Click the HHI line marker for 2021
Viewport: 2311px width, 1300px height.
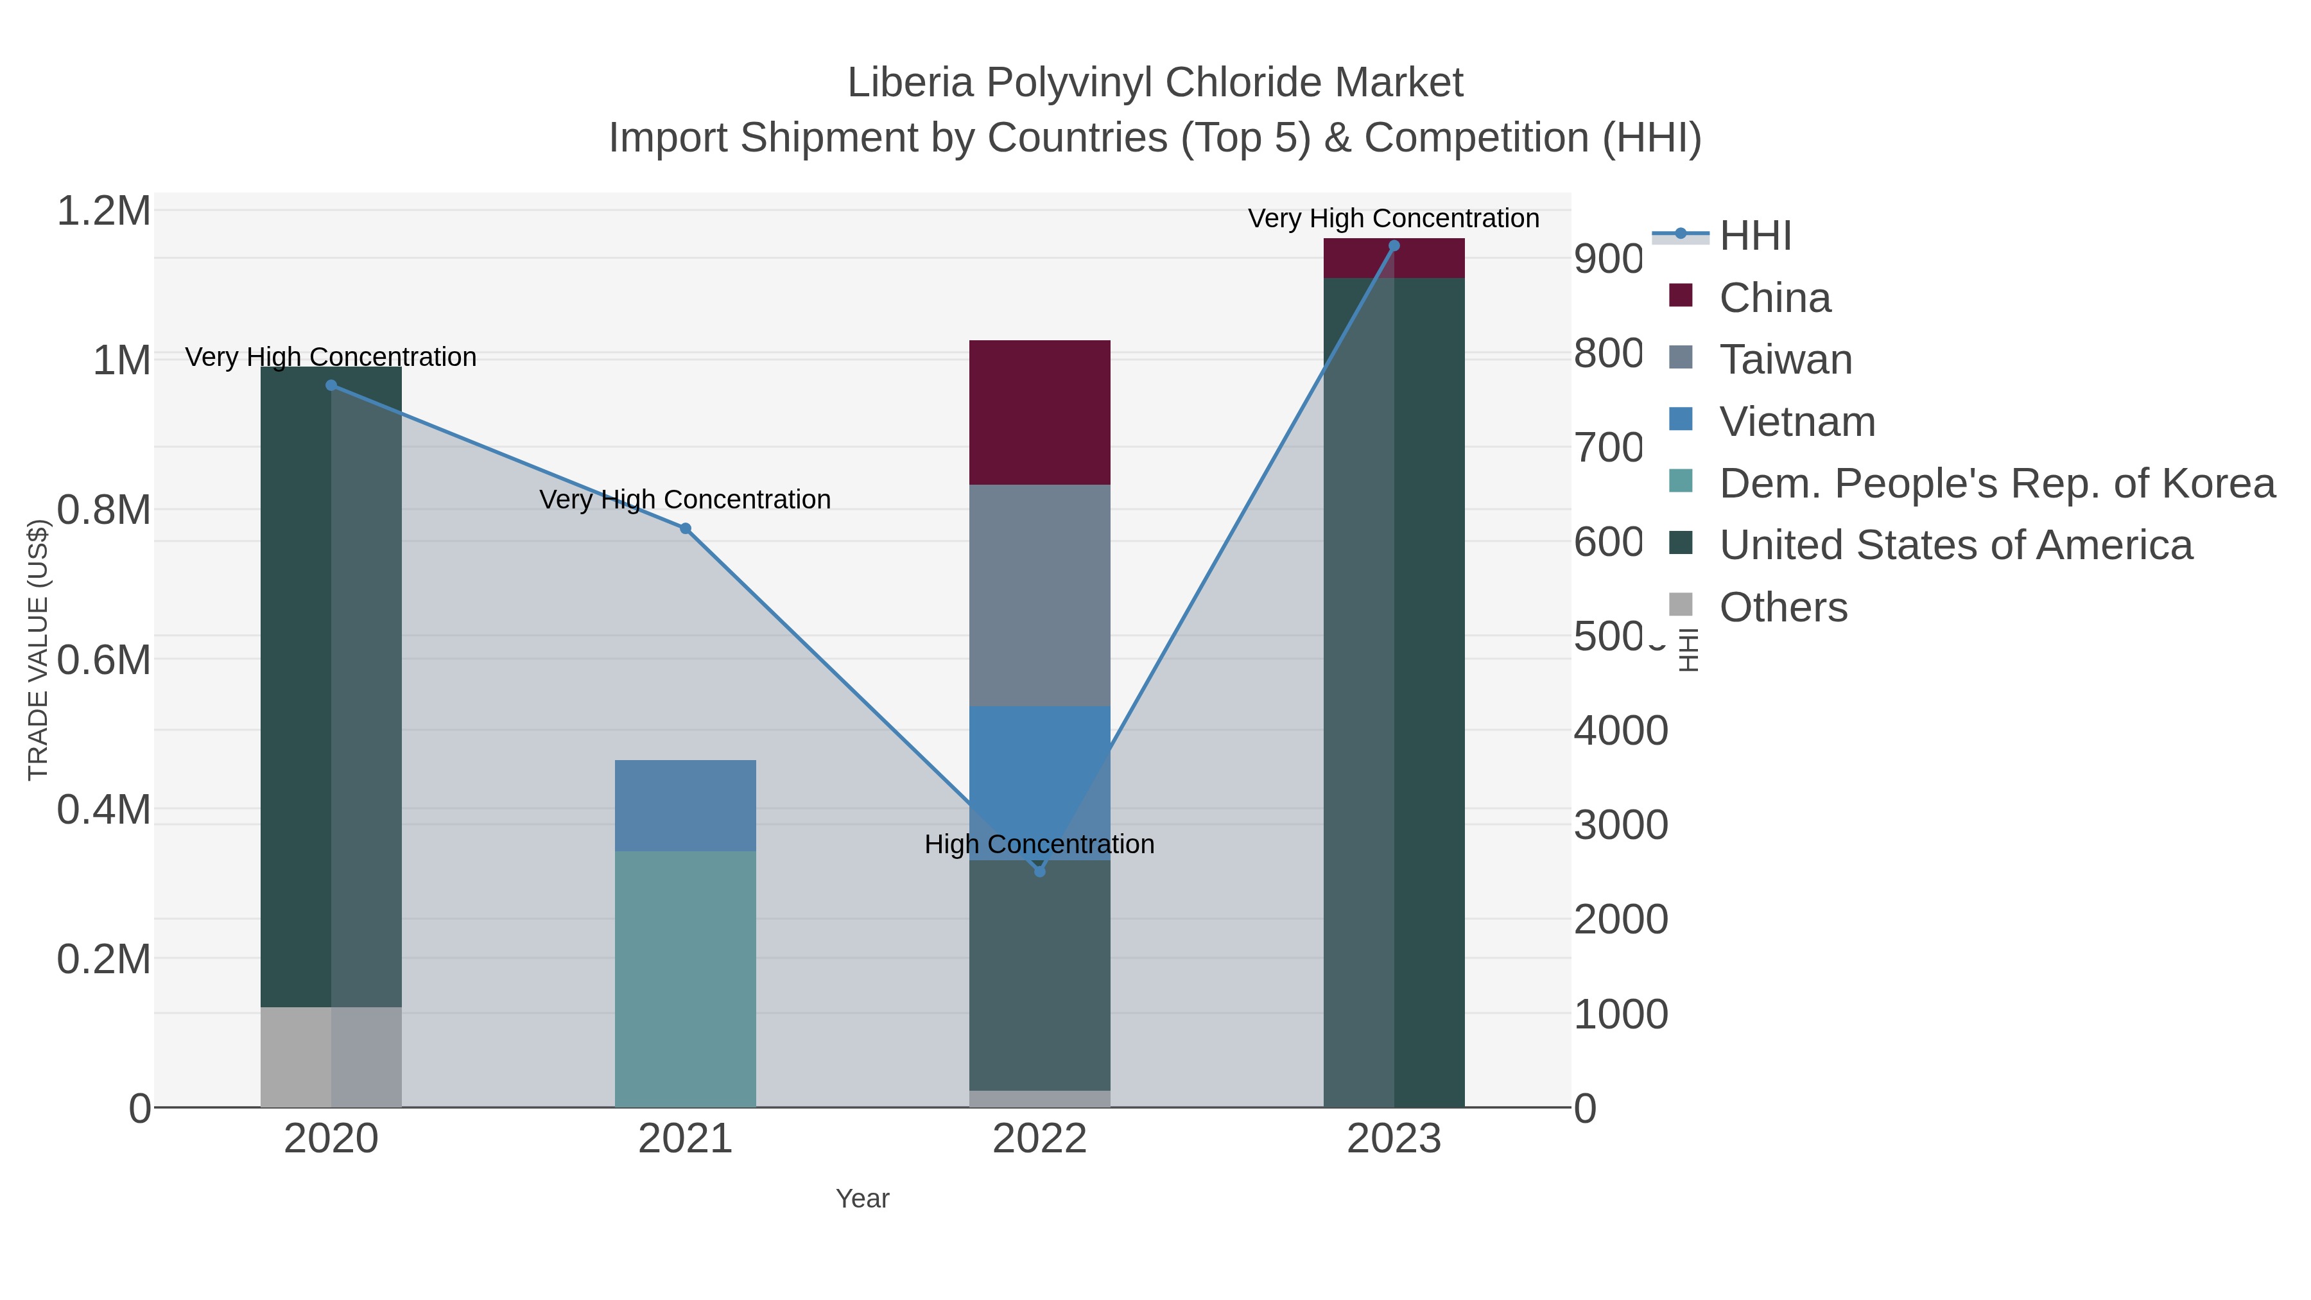[x=686, y=528]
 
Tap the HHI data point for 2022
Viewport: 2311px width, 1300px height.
[x=1040, y=871]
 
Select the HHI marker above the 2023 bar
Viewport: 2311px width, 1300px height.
[x=1394, y=246]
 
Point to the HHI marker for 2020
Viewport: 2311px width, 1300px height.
[x=331, y=385]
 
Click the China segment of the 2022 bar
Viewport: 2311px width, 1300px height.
[x=1040, y=413]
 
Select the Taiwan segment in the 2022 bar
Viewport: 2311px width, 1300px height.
[x=1040, y=595]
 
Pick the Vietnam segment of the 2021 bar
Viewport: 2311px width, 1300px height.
[x=686, y=805]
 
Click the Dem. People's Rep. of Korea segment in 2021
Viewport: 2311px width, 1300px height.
[x=686, y=978]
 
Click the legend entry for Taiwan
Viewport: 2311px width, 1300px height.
[x=1785, y=360]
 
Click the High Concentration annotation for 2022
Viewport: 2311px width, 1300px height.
[x=1040, y=844]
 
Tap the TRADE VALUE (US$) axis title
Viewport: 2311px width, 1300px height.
[x=38, y=650]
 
